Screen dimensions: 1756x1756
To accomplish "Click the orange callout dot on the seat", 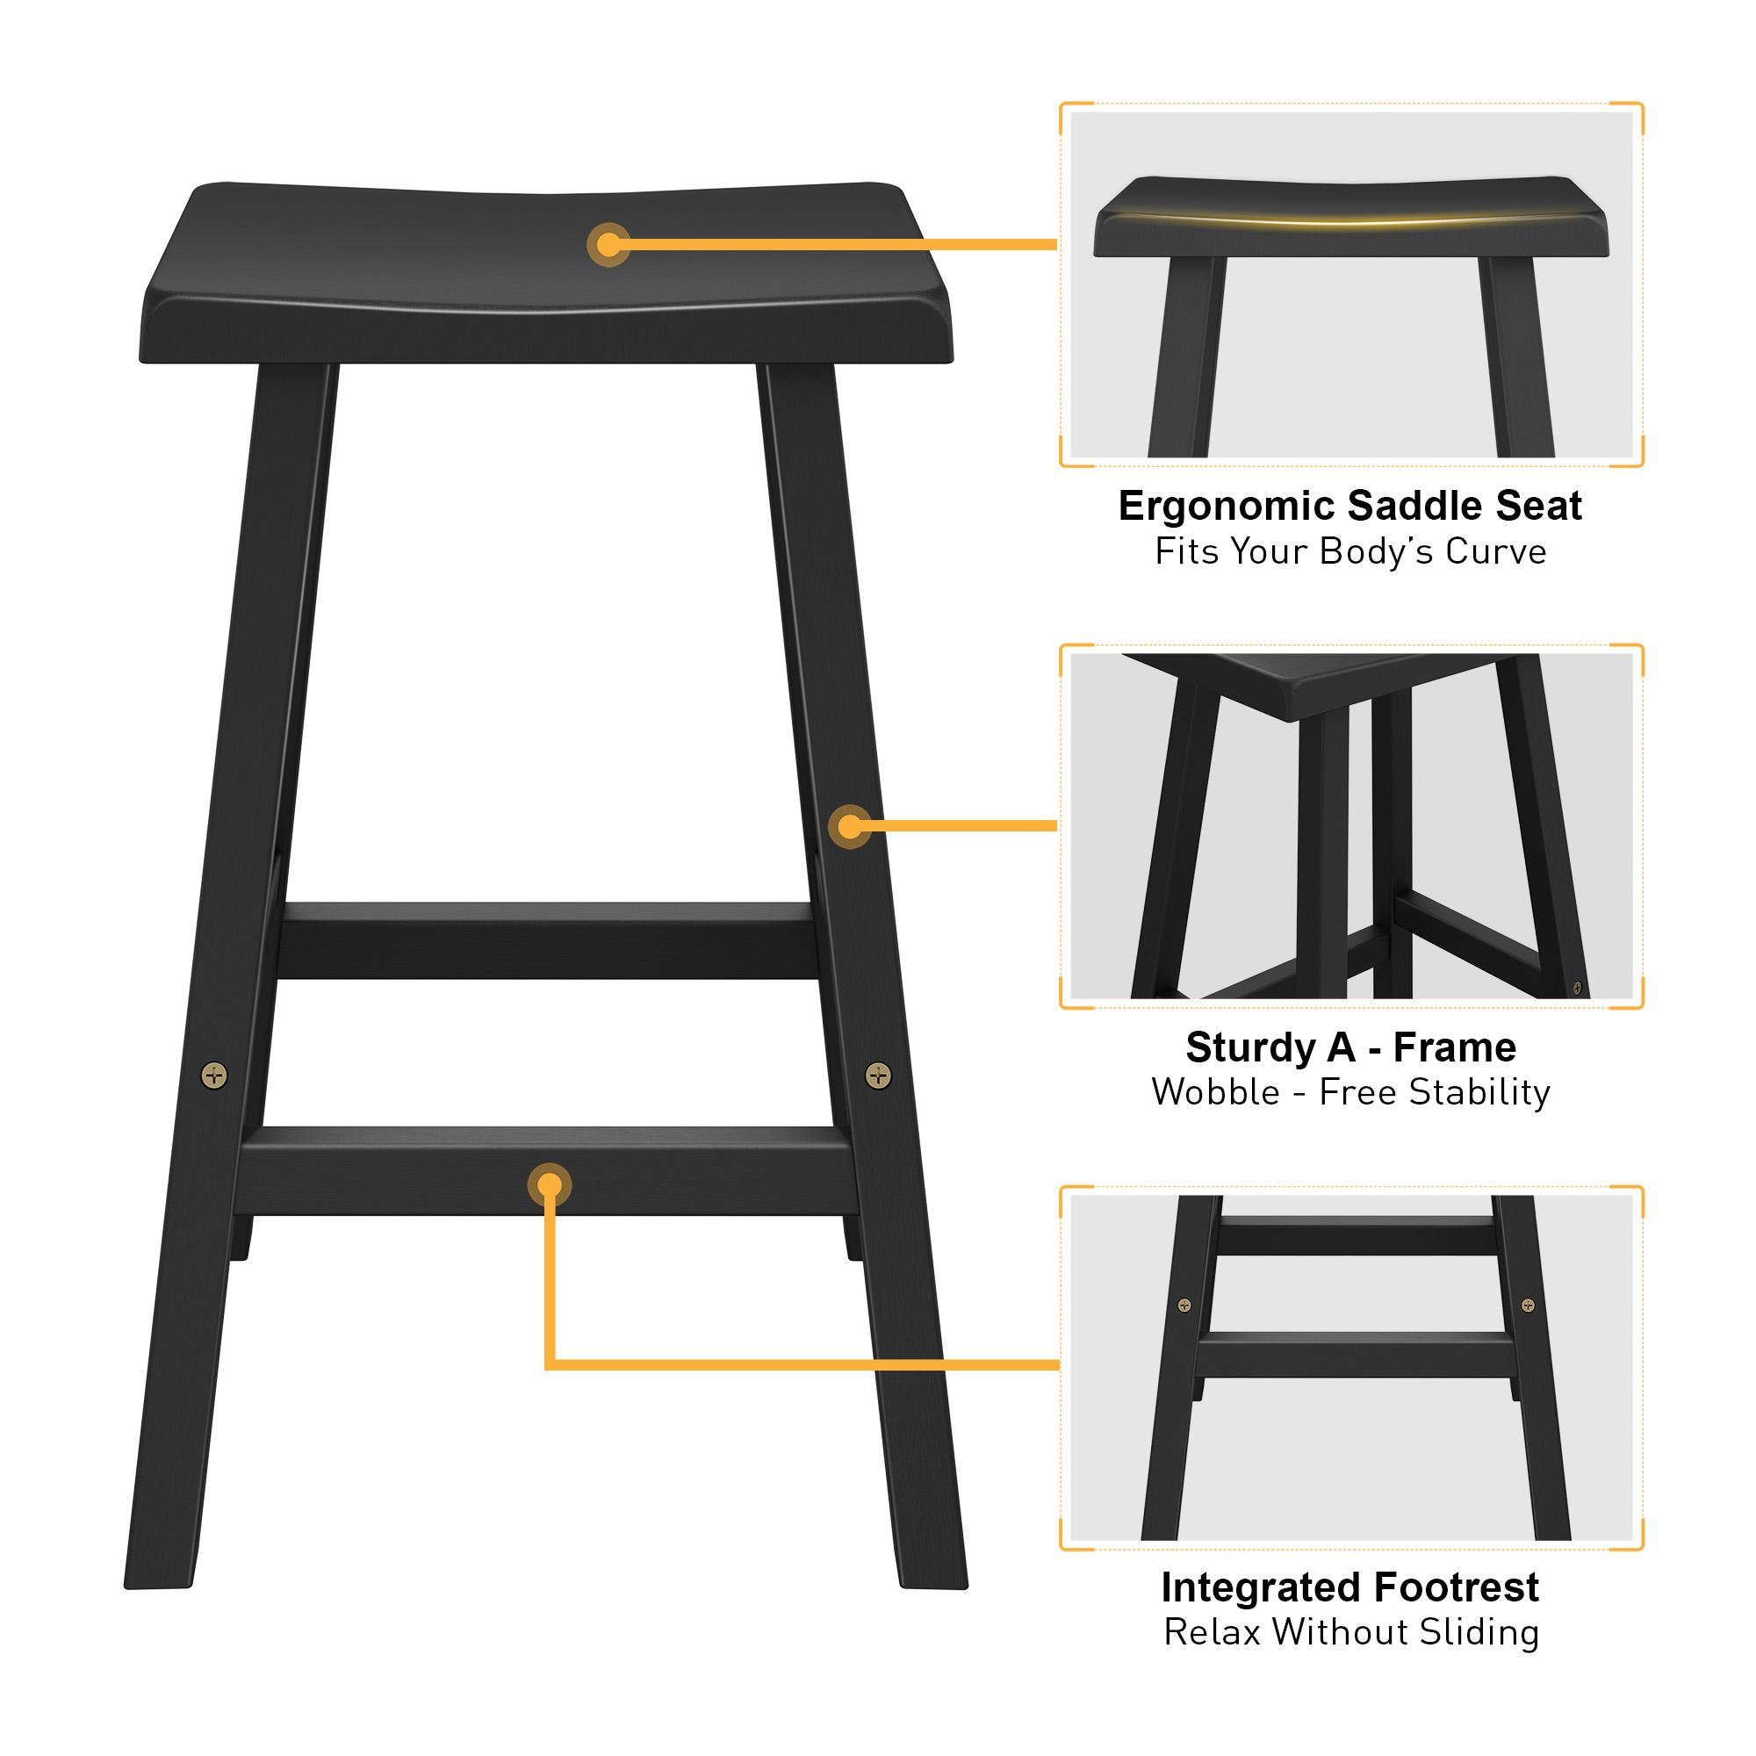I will tap(608, 244).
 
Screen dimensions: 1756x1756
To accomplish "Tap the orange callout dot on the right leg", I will tap(849, 827).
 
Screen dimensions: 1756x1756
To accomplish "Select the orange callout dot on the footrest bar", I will tap(549, 1185).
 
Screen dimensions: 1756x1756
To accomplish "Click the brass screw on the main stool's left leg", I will tap(214, 1076).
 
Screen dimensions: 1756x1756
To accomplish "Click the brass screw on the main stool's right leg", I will tap(878, 1076).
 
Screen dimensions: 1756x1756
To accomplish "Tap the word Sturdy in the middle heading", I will tap(1251, 1047).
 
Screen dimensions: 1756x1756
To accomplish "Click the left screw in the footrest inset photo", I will tap(1184, 1306).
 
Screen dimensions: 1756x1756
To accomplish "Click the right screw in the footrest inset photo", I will tap(1528, 1306).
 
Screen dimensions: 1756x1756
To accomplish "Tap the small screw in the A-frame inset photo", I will tap(1577, 987).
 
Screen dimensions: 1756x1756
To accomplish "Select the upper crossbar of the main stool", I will tap(548, 939).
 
